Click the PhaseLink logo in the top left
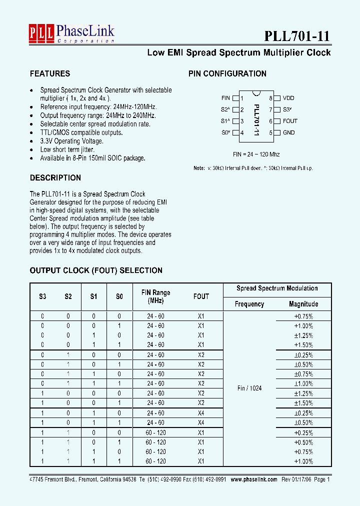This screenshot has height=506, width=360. [71, 33]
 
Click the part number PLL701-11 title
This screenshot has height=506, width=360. [297, 36]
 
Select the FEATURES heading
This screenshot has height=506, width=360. [50, 73]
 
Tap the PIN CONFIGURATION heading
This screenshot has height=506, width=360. [227, 73]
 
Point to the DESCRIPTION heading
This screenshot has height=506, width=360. [55, 177]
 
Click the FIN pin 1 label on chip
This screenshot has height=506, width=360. [225, 99]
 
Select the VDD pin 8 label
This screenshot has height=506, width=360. [288, 99]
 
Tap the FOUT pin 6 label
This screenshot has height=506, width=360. [290, 121]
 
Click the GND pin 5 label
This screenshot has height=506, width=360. [288, 132]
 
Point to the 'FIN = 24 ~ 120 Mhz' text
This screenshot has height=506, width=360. [256, 154]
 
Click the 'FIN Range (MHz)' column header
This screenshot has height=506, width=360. [155, 296]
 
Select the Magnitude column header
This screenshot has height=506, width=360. [303, 304]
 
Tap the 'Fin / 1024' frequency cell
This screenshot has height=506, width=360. [249, 388]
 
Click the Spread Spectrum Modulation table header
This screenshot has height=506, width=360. [277, 288]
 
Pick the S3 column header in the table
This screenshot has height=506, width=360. [42, 296]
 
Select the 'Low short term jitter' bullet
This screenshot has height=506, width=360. [67, 149]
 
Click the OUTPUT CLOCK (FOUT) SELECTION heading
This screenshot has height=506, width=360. [96, 270]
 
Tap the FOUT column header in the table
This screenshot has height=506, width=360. [201, 296]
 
